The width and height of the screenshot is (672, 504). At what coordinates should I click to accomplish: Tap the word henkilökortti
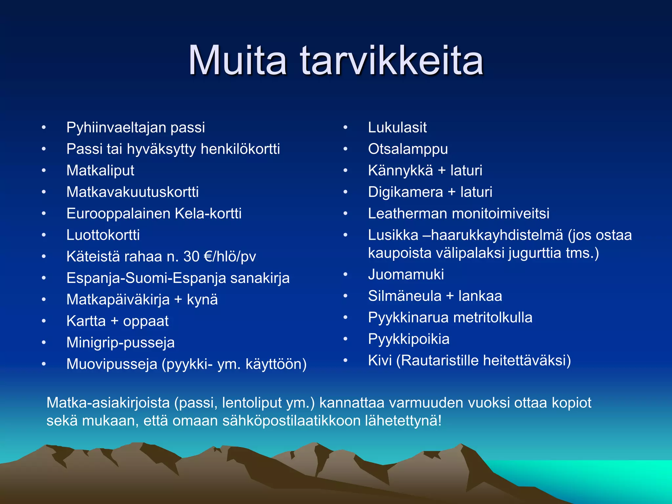[x=240, y=149]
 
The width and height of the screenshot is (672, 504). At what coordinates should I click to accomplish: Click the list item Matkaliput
[x=100, y=171]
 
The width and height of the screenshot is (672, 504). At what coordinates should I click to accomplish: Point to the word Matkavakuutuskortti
[x=132, y=192]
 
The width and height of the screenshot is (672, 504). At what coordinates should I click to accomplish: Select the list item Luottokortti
[x=103, y=235]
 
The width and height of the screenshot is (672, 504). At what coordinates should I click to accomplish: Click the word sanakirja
[x=260, y=278]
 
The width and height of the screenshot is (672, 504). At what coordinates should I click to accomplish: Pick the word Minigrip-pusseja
[x=120, y=343]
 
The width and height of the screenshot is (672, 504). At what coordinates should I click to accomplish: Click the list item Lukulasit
[x=397, y=128]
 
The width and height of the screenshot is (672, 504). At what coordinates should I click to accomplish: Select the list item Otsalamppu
[x=408, y=149]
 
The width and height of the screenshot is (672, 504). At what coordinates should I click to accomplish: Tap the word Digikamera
[x=405, y=192]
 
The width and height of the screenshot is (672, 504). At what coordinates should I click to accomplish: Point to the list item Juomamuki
[x=406, y=274]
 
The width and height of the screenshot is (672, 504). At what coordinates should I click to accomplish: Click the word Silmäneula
[x=405, y=296]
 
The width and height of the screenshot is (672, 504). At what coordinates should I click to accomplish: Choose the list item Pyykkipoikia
[x=409, y=339]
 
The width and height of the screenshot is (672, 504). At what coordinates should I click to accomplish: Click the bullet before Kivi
[x=345, y=360]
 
